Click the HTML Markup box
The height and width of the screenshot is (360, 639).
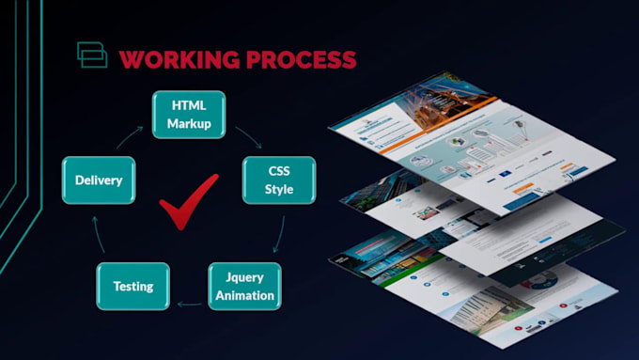click(189, 114)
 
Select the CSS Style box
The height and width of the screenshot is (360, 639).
click(279, 180)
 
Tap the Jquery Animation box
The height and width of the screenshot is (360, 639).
click(242, 287)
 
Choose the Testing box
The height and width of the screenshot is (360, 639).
click(133, 286)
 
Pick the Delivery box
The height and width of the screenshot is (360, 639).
click(99, 180)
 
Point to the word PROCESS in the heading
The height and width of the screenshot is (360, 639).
click(294, 59)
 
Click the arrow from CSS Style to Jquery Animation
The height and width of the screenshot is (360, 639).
click(278, 237)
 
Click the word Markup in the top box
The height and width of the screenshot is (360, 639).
click(189, 123)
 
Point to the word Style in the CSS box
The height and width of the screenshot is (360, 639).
click(279, 189)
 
